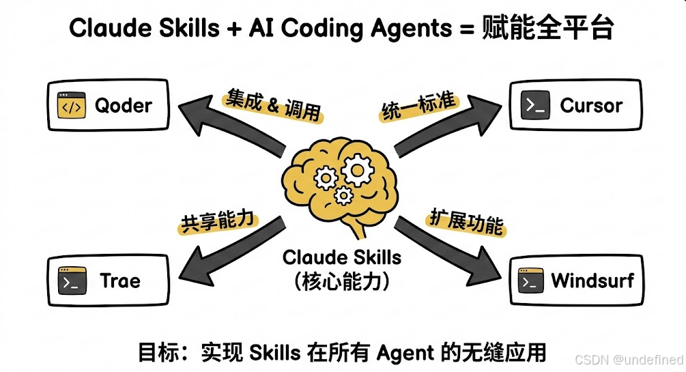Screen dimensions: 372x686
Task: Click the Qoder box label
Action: coord(124,106)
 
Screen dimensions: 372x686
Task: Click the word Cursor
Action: coord(591,106)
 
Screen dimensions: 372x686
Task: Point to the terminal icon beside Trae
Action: coord(72,281)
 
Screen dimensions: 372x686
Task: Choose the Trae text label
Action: coord(119,281)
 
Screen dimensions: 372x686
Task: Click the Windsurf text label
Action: coord(592,280)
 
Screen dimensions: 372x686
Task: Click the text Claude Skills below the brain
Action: coord(342,257)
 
